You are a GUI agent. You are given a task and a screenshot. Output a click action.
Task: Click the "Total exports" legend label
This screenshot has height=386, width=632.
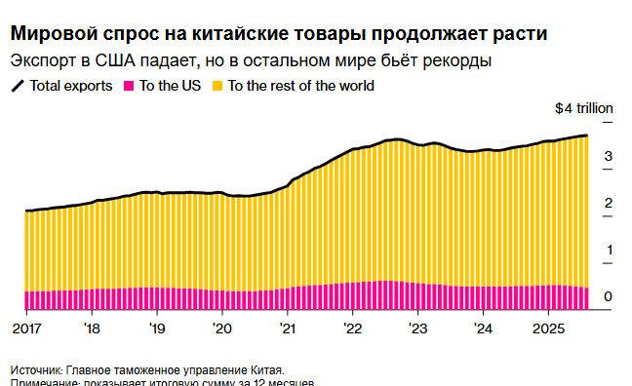click(71, 86)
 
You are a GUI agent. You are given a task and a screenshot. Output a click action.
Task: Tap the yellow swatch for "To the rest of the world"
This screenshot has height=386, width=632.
click(218, 86)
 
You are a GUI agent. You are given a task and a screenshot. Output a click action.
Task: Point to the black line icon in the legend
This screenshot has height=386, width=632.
click(19, 86)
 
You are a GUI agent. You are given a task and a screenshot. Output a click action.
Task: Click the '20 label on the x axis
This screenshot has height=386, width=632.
click(221, 328)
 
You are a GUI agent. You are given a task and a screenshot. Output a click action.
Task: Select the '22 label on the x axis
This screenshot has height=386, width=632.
click(352, 328)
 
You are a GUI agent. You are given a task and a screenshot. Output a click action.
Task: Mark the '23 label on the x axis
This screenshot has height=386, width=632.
click(417, 328)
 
